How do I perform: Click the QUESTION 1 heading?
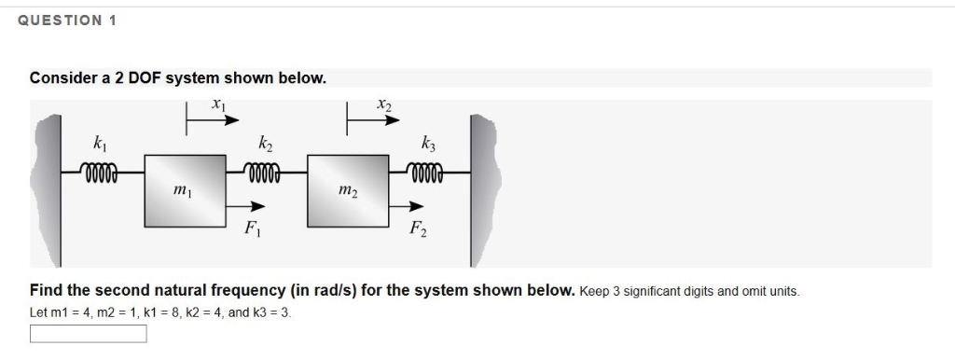66,21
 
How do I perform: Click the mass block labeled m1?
184,190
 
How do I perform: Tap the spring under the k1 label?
101,172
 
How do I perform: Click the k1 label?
100,145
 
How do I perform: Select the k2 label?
266,145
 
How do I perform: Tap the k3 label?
428,145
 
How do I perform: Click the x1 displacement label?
218,104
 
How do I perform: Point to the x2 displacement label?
382,104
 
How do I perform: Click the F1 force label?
251,228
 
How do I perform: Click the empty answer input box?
88,333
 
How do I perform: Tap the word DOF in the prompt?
145,78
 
